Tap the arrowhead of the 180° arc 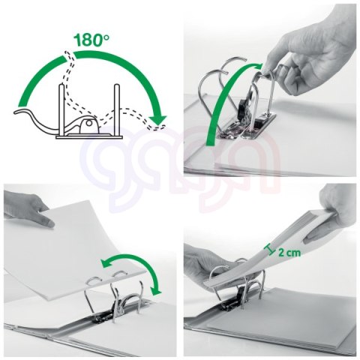point(158,119)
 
